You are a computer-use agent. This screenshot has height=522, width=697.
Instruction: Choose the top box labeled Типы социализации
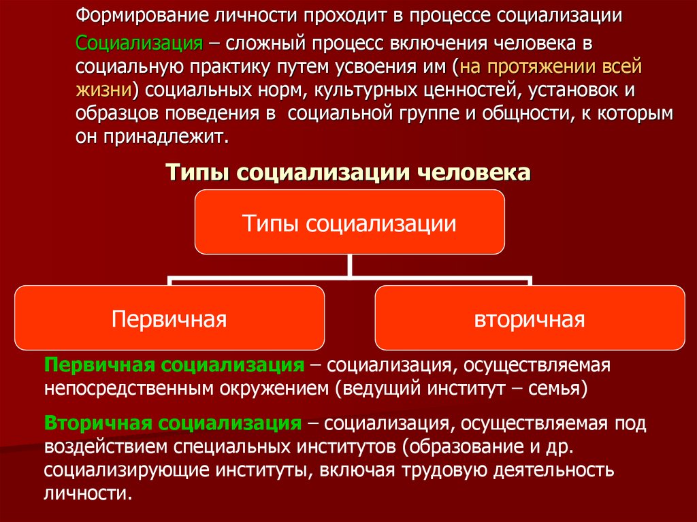350,222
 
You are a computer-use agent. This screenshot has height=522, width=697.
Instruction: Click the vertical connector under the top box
350,266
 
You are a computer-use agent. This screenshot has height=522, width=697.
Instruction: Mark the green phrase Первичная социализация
174,365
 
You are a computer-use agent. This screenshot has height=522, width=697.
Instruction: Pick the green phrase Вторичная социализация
173,423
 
